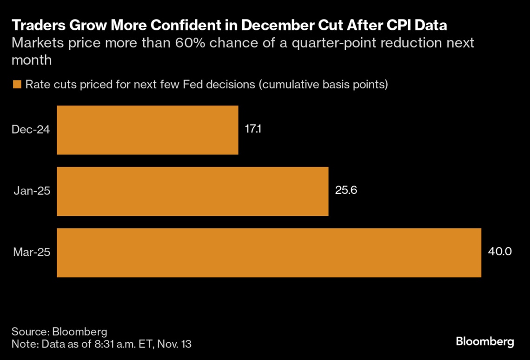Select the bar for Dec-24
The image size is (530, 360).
pyautogui.click(x=147, y=130)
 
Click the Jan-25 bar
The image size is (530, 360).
pyautogui.click(x=192, y=191)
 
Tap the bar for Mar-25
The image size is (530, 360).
pyautogui.click(x=269, y=253)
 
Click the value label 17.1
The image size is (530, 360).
pyautogui.click(x=253, y=129)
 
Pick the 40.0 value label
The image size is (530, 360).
pyautogui.click(x=500, y=252)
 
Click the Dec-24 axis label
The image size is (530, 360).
pyautogui.click(x=31, y=130)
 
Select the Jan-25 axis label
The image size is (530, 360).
pyautogui.click(x=32, y=191)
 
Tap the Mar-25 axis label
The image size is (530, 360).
pyautogui.click(x=31, y=253)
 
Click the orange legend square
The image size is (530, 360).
pyautogui.click(x=17, y=85)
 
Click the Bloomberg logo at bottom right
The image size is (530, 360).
pyautogui.click(x=485, y=342)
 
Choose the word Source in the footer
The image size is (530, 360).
pyautogui.click(x=29, y=332)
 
